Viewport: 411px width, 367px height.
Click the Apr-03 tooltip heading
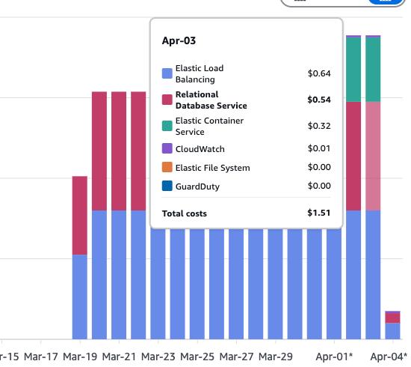[x=179, y=40]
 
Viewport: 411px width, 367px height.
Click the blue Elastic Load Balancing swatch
[x=167, y=73]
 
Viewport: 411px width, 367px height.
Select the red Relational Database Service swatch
[x=167, y=100]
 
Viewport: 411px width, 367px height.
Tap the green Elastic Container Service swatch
[x=167, y=126]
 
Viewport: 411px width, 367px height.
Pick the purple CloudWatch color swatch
[x=167, y=149]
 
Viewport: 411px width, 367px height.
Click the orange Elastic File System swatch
[x=167, y=168]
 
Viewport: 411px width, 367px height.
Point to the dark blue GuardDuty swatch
[x=167, y=186]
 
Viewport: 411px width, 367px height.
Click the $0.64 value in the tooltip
[x=319, y=73]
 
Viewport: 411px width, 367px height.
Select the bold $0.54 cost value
[x=319, y=100]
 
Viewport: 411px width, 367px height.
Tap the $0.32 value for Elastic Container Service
[x=319, y=126]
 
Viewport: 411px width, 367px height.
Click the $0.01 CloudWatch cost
[x=319, y=149]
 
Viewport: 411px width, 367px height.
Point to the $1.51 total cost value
[x=318, y=213]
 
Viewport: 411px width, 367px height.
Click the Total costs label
[x=185, y=213]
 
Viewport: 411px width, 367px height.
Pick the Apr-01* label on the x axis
[x=334, y=357]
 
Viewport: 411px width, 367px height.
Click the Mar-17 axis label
[x=40, y=357]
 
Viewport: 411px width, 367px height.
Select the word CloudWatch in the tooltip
[x=200, y=149]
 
